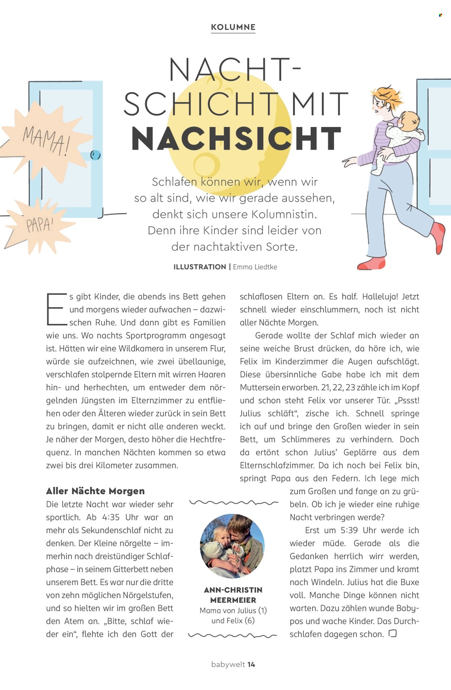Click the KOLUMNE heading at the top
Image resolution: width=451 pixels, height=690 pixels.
pyautogui.click(x=233, y=27)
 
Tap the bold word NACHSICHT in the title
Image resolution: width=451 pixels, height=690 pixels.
pyautogui.click(x=236, y=139)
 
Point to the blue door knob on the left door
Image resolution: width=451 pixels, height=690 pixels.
pyautogui.click(x=95, y=155)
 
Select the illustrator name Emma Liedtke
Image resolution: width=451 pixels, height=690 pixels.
pyautogui.click(x=255, y=267)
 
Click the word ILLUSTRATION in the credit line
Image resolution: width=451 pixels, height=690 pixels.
pyautogui.click(x=200, y=267)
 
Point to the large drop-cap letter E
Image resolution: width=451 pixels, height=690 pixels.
pyautogui.click(x=56, y=309)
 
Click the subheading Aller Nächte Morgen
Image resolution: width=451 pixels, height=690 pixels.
pyautogui.click(x=95, y=491)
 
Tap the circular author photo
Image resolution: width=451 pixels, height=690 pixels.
pyautogui.click(x=232, y=546)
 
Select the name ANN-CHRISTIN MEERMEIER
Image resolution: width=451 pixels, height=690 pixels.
pyautogui.click(x=233, y=595)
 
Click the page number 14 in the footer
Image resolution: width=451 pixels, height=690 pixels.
pyautogui.click(x=251, y=664)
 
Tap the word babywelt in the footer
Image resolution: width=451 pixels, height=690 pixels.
pyautogui.click(x=228, y=664)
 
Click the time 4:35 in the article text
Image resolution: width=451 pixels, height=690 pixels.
pyautogui.click(x=111, y=517)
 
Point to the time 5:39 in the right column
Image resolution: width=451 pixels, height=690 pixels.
pyautogui.click(x=349, y=530)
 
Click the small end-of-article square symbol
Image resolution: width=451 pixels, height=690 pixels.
pyautogui.click(x=393, y=633)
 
